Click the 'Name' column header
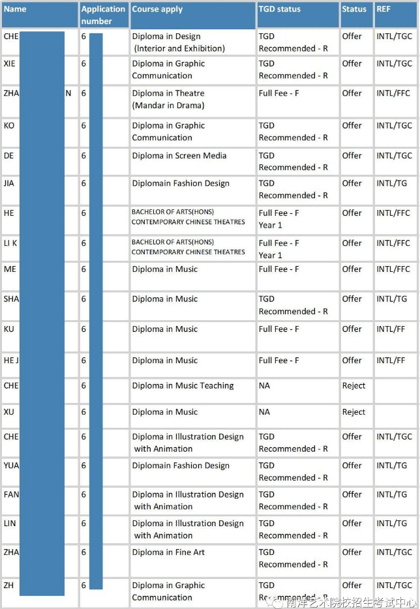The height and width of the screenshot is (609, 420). [15, 9]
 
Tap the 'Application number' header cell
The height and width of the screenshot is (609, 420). [103, 15]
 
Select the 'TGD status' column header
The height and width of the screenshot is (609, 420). [279, 9]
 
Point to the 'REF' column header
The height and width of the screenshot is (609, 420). [384, 9]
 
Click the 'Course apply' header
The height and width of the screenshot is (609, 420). [157, 9]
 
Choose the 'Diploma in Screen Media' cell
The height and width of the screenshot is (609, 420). [179, 156]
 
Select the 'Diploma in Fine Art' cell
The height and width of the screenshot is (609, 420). [168, 552]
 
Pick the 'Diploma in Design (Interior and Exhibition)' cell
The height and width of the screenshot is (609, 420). [178, 42]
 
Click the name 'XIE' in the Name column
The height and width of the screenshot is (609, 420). [9, 63]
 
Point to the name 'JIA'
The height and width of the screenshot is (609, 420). [8, 183]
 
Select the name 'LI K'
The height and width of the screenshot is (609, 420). [10, 243]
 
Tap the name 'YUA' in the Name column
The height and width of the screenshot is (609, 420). [11, 465]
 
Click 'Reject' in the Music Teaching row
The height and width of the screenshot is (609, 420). [353, 385]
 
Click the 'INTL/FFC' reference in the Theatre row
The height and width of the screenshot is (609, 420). [393, 93]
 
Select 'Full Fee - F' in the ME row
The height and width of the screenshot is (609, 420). [278, 269]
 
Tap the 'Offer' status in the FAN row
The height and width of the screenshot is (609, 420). [352, 494]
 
